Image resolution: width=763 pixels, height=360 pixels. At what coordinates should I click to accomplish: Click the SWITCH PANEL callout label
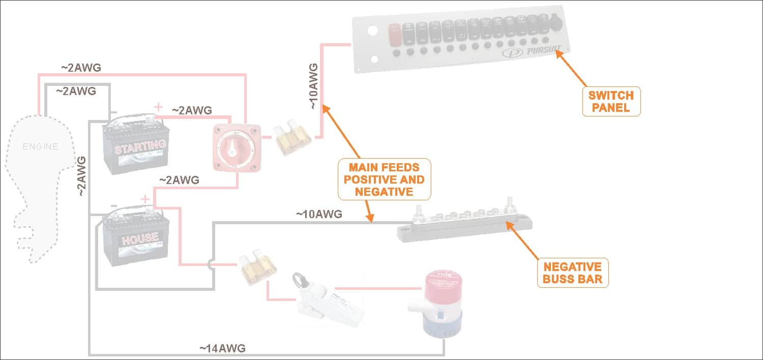point(611,101)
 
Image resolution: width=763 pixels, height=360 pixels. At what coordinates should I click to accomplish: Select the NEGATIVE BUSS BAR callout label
point(572,273)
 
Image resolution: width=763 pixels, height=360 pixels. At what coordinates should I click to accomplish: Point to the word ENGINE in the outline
point(40,147)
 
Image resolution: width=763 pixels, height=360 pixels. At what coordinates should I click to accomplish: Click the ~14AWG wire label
point(222,348)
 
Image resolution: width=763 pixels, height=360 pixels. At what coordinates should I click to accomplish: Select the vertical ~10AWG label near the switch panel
point(313,86)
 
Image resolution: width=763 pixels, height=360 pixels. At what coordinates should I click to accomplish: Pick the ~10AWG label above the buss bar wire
point(319,214)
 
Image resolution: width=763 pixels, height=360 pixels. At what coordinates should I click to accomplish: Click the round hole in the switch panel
point(372,31)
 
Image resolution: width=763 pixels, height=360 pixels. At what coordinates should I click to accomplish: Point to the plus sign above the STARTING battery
point(159,107)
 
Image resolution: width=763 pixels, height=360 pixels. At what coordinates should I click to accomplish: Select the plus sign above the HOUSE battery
point(145,198)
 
